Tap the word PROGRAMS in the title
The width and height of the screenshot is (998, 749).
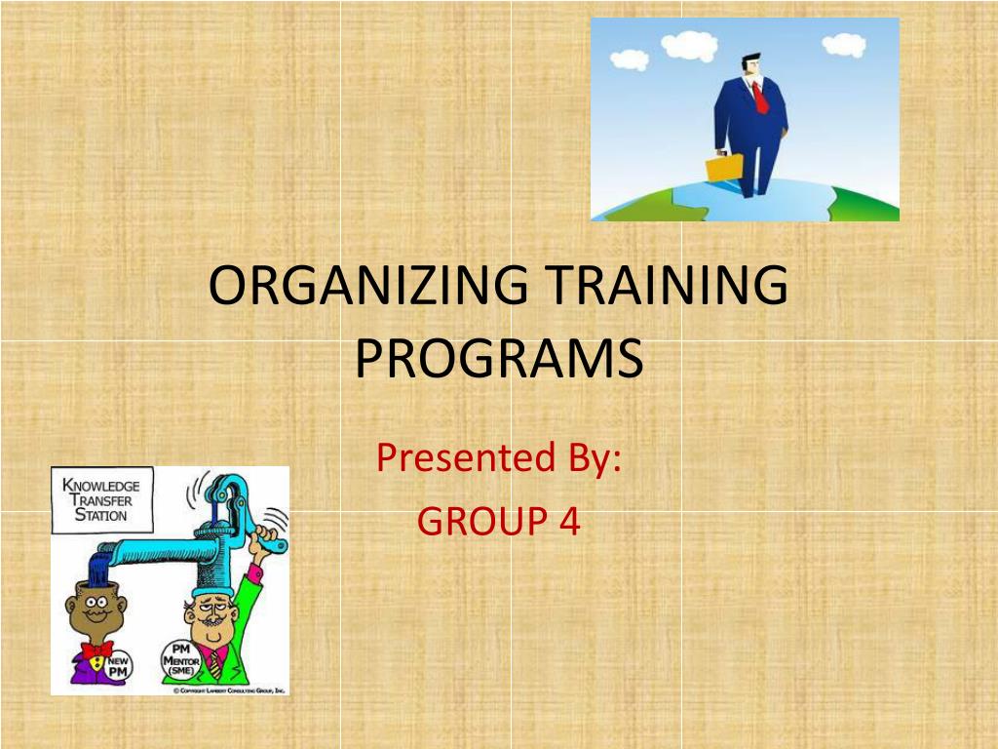499,359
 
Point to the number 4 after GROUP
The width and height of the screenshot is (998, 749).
569,523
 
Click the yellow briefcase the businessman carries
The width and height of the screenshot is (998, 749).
723,168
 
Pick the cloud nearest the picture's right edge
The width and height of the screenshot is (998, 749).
842,44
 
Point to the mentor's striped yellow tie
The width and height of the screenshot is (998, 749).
214,664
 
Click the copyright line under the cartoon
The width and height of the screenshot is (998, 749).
229,690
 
